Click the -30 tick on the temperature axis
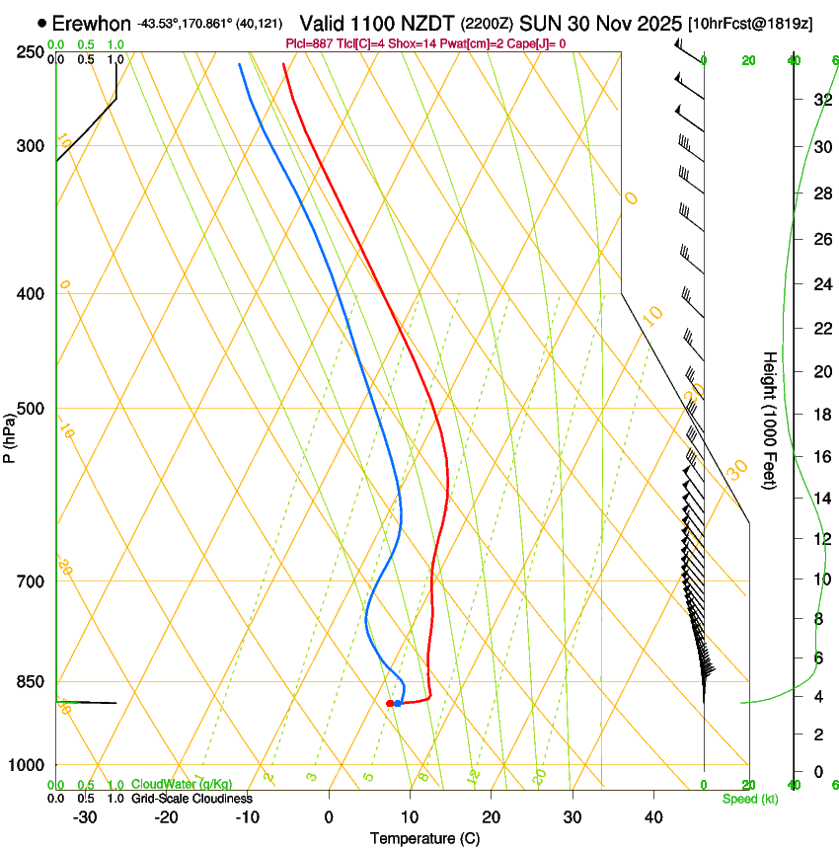click(x=85, y=816)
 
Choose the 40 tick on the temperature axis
click(x=652, y=816)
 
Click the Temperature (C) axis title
click(x=423, y=838)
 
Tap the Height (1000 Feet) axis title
click(x=770, y=420)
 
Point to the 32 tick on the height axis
click(x=819, y=99)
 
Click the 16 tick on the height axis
click(x=819, y=457)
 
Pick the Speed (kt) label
click(x=749, y=798)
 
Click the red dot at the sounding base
click(x=390, y=703)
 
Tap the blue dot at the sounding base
click(x=398, y=703)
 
